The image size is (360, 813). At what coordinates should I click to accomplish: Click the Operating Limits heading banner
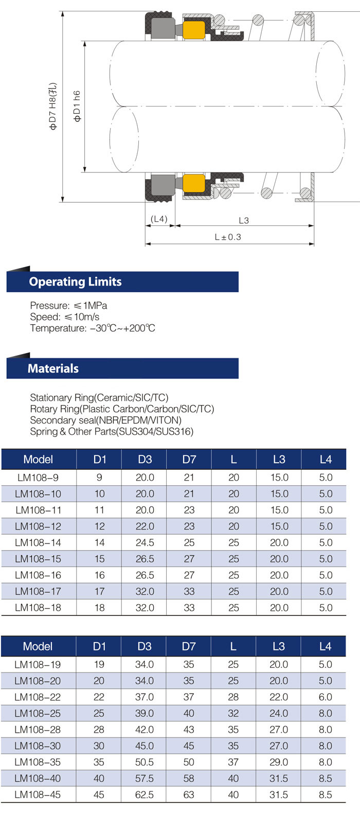click(x=122, y=281)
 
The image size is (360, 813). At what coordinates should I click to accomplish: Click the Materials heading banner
click(x=122, y=368)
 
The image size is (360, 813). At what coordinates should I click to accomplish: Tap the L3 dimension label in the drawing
click(x=244, y=220)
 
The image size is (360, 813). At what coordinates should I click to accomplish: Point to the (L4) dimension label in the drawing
click(x=159, y=219)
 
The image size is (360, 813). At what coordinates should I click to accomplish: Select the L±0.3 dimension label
click(x=228, y=237)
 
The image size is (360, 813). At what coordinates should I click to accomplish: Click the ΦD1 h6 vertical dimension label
click(x=77, y=107)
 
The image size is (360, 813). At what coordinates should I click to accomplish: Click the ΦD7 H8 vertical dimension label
click(x=53, y=107)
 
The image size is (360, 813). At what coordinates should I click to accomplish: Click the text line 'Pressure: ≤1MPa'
click(x=68, y=305)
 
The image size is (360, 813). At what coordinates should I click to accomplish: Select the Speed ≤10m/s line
click(x=65, y=316)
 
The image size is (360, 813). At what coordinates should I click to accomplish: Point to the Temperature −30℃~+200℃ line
click(x=93, y=328)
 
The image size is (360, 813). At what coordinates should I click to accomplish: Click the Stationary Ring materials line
click(x=99, y=397)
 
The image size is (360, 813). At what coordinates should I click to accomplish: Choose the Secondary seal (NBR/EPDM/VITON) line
click(x=106, y=420)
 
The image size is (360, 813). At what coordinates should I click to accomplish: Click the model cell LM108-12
click(x=38, y=526)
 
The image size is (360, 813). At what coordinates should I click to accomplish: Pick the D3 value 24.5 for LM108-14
click(x=145, y=542)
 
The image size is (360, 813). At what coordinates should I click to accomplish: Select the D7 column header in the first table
click(x=189, y=459)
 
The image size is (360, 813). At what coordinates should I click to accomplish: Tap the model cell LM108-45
click(x=38, y=794)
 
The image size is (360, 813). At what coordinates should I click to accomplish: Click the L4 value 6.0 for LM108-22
click(x=326, y=697)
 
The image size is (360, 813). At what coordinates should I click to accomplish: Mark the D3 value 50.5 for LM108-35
click(x=145, y=762)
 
